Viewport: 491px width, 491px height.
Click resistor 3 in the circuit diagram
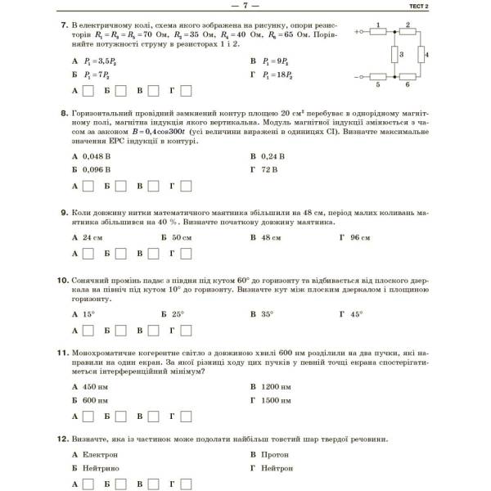pyautogui.click(x=393, y=55)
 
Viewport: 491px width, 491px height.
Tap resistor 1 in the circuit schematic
pyautogui.click(x=378, y=33)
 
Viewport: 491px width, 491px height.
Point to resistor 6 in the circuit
pyautogui.click(x=406, y=78)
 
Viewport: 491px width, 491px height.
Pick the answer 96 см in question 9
pyautogui.click(x=356, y=237)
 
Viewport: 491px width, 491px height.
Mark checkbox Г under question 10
pyautogui.click(x=186, y=331)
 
